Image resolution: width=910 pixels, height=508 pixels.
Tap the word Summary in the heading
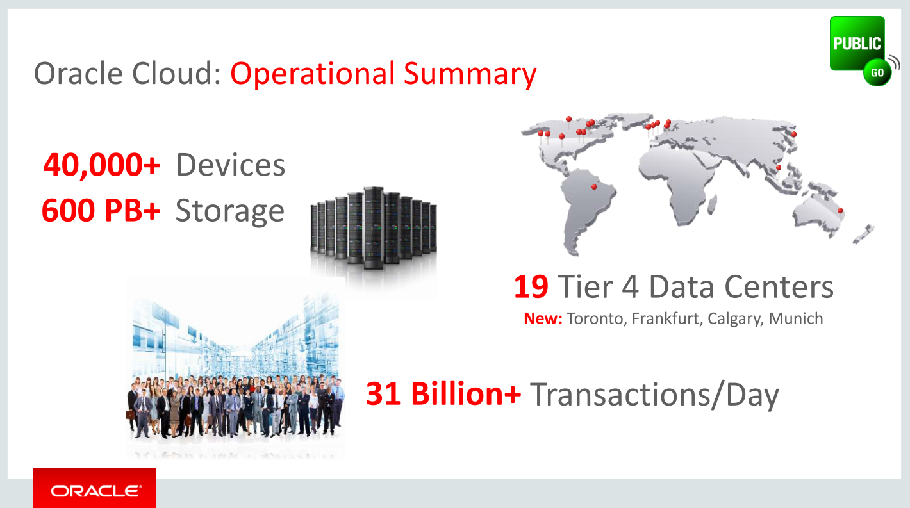[x=470, y=74]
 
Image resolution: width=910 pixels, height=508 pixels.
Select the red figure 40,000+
[x=101, y=165]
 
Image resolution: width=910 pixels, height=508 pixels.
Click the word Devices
[x=230, y=165]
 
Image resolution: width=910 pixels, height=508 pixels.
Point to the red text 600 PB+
[x=101, y=210]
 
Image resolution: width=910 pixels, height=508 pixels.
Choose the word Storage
[x=229, y=211]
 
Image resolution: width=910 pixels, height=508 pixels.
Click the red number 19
[x=531, y=287]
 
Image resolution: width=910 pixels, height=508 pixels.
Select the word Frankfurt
[x=667, y=319]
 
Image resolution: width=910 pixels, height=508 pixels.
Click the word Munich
[x=796, y=318]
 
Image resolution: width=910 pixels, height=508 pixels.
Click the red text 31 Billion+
[x=443, y=393]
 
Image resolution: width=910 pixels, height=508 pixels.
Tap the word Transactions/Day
[x=654, y=395]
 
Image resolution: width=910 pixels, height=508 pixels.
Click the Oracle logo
[x=95, y=489]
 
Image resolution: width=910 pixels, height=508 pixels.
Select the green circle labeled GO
[x=877, y=72]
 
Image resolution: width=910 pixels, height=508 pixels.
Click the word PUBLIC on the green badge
[x=857, y=44]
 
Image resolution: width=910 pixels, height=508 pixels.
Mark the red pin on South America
[x=594, y=187]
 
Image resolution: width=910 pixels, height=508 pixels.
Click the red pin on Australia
[x=840, y=211]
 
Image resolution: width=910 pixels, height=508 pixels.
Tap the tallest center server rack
[x=374, y=228]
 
